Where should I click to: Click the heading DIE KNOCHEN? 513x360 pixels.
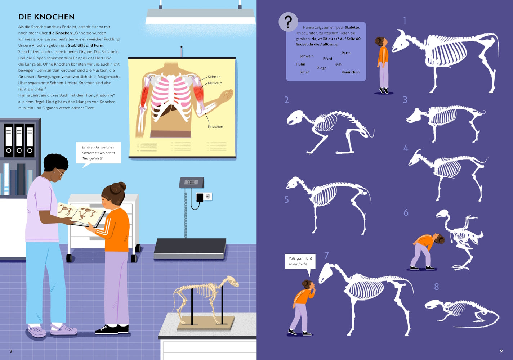point(46,17)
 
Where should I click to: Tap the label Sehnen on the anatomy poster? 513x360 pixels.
point(214,77)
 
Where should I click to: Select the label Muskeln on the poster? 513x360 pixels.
point(215,83)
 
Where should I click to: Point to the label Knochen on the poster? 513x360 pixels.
point(215,127)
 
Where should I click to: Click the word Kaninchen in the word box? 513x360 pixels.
point(351,72)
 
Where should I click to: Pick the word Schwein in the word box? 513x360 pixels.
point(307,56)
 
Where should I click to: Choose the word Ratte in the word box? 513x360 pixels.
point(346,53)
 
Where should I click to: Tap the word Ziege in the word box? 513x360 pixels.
point(322,68)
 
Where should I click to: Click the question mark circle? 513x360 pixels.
point(288,22)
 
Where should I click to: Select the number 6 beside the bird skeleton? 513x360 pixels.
point(406,213)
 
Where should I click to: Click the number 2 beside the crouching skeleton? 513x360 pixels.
point(286,100)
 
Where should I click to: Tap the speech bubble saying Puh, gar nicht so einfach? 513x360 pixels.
point(300,262)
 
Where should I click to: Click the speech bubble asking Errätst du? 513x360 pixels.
point(98,153)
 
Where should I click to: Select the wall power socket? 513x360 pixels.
point(208,196)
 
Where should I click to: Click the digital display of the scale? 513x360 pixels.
point(191,182)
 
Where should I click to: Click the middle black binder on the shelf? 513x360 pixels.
point(19,140)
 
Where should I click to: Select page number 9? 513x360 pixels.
point(501,351)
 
